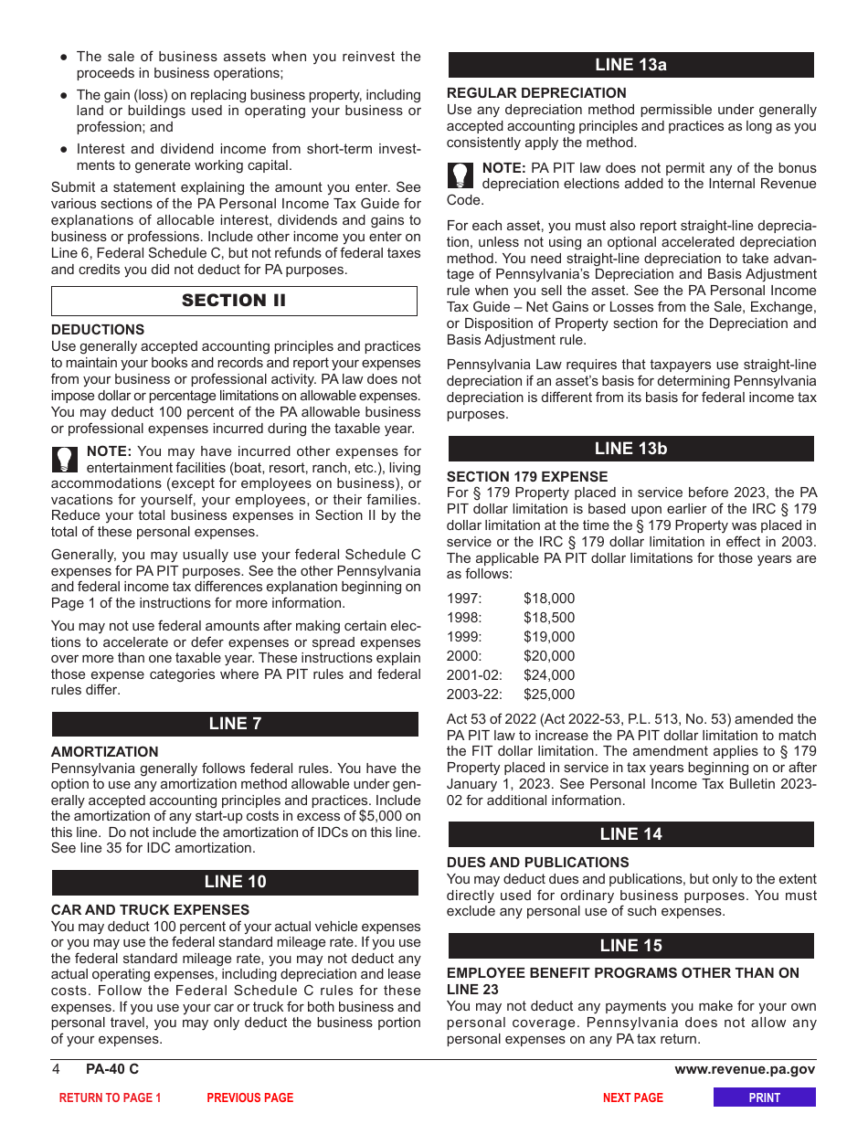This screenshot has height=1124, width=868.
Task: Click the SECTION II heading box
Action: (x=234, y=301)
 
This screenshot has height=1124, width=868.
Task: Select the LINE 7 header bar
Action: (x=235, y=724)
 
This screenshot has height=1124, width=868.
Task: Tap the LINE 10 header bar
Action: (x=235, y=882)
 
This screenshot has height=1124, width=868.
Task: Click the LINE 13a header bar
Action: (x=630, y=65)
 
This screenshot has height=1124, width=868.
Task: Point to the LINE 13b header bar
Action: (x=630, y=449)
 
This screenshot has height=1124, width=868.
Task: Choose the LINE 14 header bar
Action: (x=630, y=834)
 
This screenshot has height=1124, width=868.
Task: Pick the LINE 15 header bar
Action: (x=630, y=946)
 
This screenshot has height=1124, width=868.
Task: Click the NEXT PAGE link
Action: (x=632, y=1097)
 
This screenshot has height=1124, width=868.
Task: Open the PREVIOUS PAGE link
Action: (x=250, y=1097)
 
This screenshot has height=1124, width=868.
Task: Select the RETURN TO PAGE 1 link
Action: (x=110, y=1097)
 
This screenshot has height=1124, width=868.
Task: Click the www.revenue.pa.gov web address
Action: (x=745, y=1069)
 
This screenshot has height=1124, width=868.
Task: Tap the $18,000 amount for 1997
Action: (x=549, y=599)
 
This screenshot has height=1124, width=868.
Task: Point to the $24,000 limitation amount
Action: (x=549, y=675)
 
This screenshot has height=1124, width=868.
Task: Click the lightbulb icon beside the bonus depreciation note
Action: (x=461, y=175)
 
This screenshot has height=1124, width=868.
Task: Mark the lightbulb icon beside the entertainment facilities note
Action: (x=66, y=459)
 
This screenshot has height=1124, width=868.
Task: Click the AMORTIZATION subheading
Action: (x=105, y=752)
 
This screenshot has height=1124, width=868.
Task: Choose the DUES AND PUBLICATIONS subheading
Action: (x=537, y=863)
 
